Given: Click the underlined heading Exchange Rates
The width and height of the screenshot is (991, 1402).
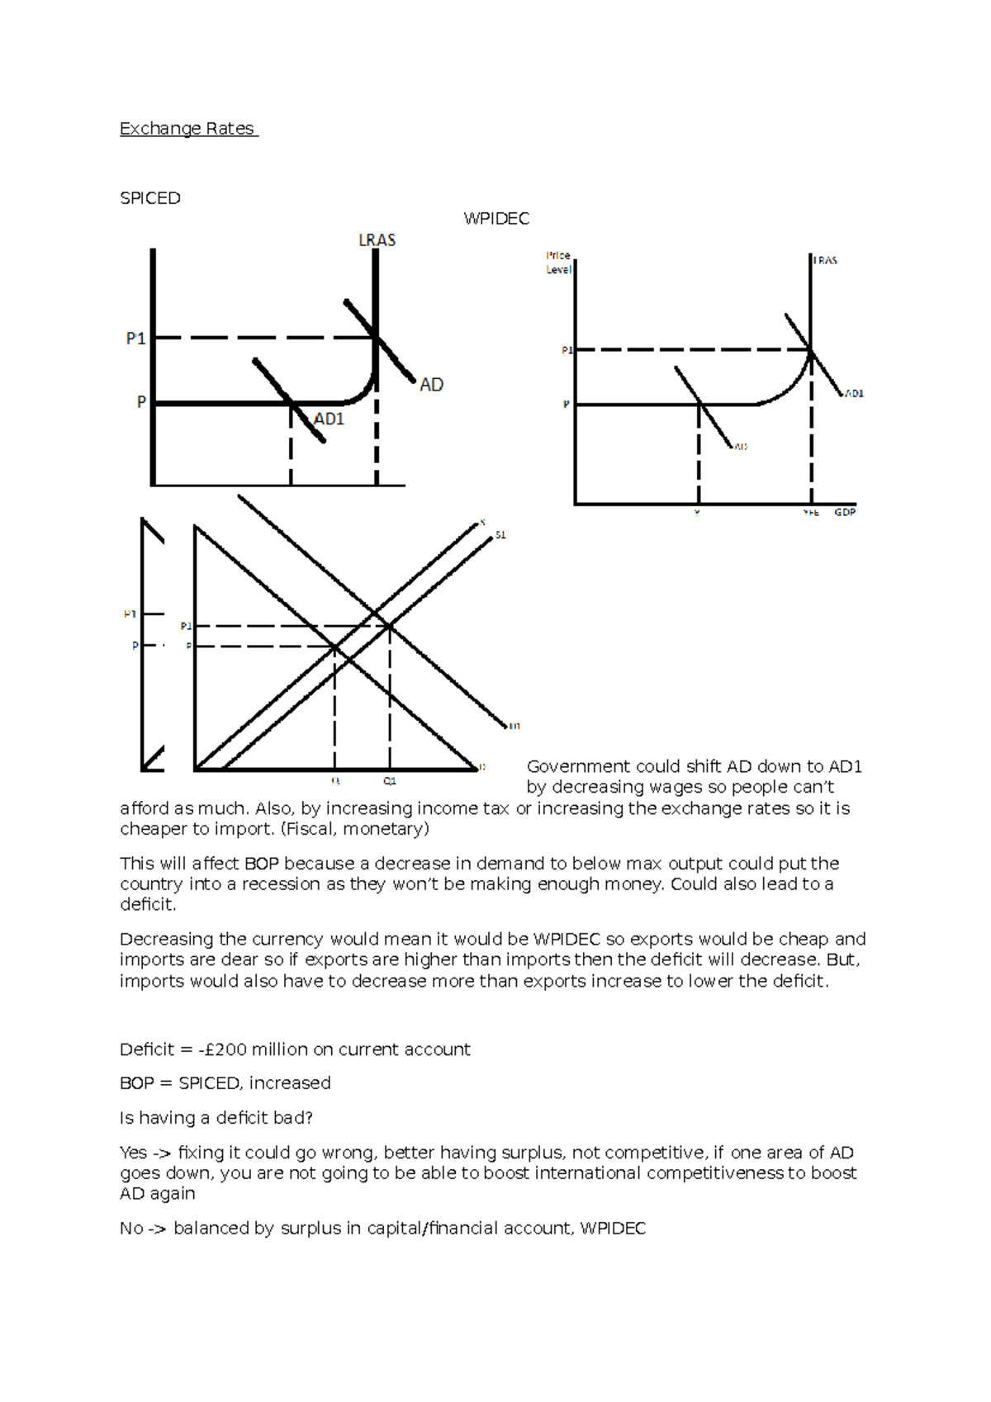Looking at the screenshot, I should click(188, 129).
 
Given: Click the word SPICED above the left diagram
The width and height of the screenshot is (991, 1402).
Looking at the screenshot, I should click(149, 198).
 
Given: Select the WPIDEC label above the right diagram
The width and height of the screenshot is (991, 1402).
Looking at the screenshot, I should click(496, 219).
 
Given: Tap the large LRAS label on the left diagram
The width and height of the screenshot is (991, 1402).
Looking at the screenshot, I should click(377, 240).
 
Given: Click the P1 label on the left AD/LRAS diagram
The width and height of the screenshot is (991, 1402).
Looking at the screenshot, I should click(135, 338).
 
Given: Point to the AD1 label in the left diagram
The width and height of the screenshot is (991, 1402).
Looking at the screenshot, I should click(329, 419).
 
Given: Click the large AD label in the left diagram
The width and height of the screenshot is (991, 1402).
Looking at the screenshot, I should click(431, 385).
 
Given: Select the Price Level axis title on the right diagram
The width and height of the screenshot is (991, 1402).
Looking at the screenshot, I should click(558, 263).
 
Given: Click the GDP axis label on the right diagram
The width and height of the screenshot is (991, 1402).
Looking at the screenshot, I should click(845, 513).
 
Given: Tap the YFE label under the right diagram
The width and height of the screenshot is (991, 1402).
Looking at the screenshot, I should click(811, 513).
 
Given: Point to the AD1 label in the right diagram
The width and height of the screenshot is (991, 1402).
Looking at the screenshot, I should click(853, 394).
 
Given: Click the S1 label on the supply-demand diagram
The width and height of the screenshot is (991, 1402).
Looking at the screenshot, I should click(500, 536).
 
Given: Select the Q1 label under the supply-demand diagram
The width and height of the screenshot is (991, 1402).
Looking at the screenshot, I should click(390, 781).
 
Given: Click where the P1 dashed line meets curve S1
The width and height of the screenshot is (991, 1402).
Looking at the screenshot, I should click(390, 627).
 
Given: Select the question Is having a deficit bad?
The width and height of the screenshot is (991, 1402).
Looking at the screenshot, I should click(216, 1118).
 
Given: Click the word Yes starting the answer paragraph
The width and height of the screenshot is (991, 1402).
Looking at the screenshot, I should click(133, 1153).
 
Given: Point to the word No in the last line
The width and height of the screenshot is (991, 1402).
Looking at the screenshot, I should click(131, 1229).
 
